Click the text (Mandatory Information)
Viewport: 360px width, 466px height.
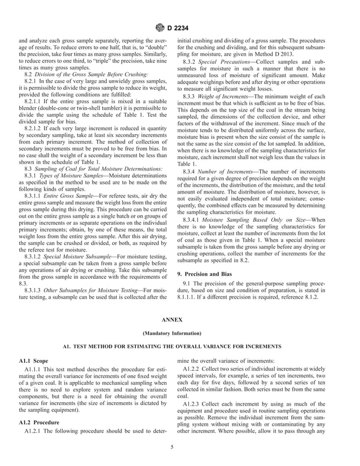pyautogui.click(x=180, y=333)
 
